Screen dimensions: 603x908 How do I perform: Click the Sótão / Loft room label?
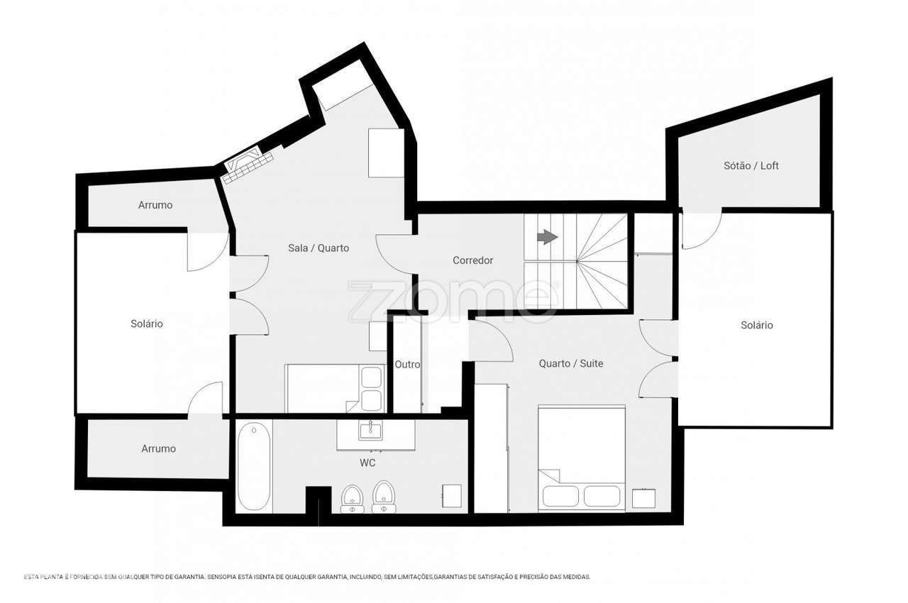(751, 165)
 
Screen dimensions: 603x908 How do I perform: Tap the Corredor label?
(472, 260)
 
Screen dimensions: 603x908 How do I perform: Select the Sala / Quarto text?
(318, 248)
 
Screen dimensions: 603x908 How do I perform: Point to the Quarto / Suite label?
(570, 363)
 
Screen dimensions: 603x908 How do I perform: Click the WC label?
(367, 463)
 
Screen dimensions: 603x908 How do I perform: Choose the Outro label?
(407, 364)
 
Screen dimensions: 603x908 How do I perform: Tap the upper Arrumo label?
(155, 205)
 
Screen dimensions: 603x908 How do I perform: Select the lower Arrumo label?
(158, 448)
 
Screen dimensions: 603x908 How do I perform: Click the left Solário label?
(146, 323)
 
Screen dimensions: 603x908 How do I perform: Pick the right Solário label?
(756, 325)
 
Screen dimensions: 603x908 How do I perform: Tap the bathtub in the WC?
(253, 466)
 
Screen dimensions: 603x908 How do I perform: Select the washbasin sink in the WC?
(370, 429)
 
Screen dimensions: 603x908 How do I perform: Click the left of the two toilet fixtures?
(352, 498)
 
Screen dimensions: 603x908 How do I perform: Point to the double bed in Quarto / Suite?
(582, 458)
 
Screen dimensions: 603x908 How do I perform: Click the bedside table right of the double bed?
(643, 498)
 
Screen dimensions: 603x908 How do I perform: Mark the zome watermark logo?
(451, 300)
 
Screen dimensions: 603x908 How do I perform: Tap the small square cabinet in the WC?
(451, 496)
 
